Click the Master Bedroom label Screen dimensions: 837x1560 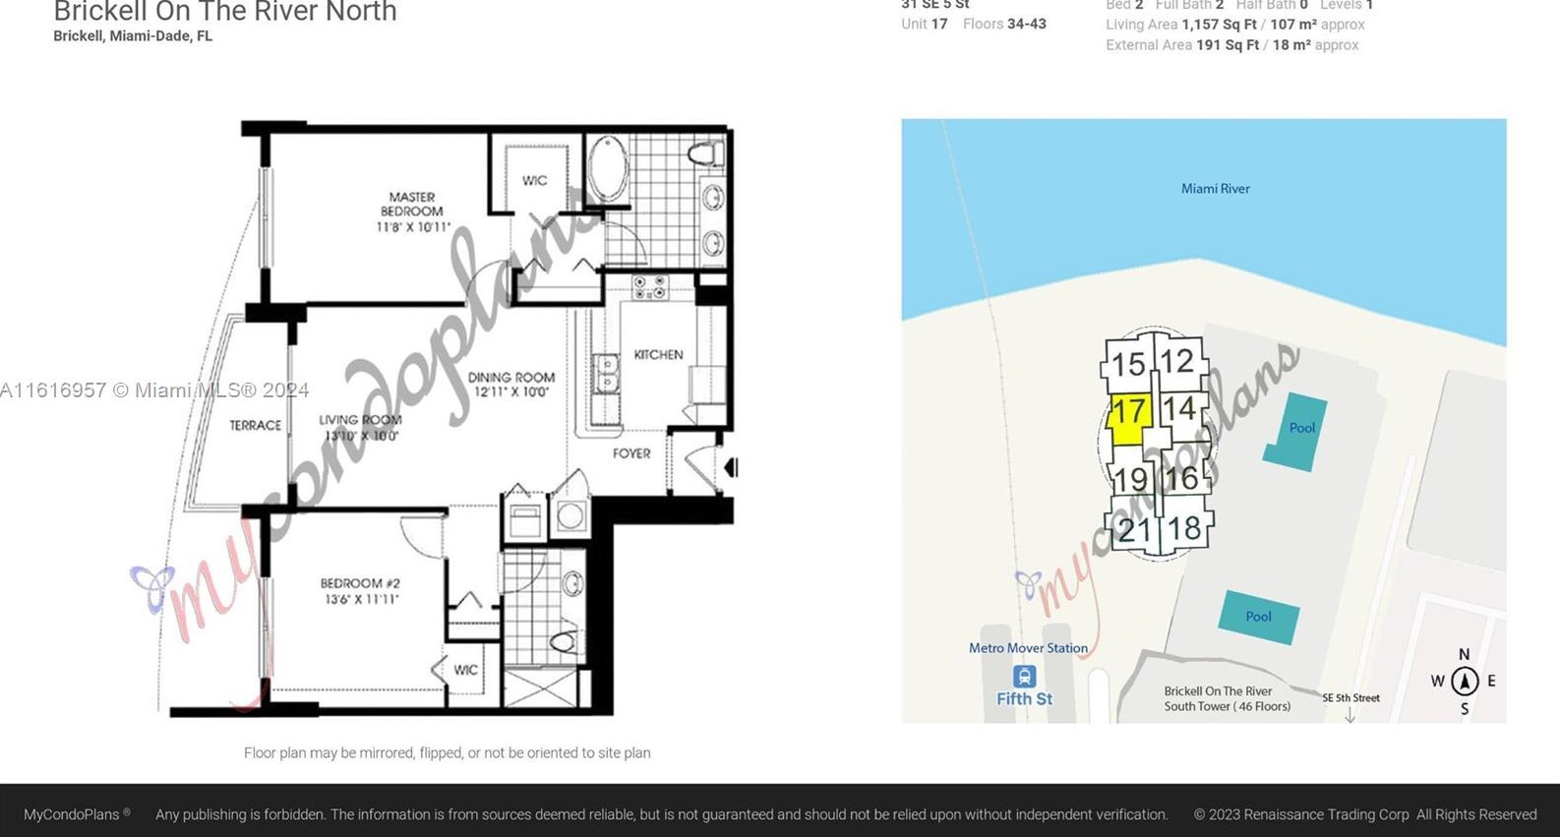[x=412, y=211]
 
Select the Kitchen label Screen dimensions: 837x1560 [x=658, y=354]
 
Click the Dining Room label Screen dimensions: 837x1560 [x=510, y=384]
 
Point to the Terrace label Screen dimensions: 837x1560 [x=255, y=425]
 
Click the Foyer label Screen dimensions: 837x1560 [x=631, y=453]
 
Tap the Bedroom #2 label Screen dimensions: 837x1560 [x=360, y=590]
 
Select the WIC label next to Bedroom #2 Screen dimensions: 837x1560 [x=465, y=670]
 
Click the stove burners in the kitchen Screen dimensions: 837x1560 [x=649, y=287]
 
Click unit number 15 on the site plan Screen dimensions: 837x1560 [x=1128, y=365]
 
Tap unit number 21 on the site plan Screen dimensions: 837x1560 [x=1133, y=531]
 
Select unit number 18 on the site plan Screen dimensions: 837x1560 [x=1184, y=529]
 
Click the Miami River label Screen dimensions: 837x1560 [x=1215, y=189]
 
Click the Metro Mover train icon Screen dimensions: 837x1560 [x=1024, y=677]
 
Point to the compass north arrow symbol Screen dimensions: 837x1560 [x=1465, y=681]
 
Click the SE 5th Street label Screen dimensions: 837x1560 [x=1350, y=698]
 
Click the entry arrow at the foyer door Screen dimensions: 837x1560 [x=731, y=467]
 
